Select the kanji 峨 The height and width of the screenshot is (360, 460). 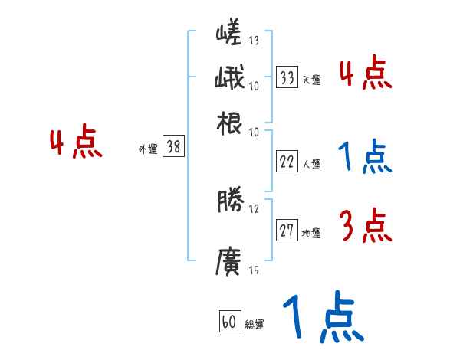tap(229, 78)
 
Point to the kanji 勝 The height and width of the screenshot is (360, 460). tap(229, 201)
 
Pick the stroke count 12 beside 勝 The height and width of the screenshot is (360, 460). tap(254, 208)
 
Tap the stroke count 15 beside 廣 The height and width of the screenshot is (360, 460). tap(254, 270)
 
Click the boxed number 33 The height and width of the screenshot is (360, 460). tap(287, 77)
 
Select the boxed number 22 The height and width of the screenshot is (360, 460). tap(287, 161)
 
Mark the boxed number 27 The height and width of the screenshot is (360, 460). tap(287, 231)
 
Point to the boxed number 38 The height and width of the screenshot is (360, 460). tap(174, 148)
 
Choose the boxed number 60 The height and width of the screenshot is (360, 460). tap(229, 322)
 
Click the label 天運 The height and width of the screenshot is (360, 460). tap(311, 80)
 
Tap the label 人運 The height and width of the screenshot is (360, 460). tap(311, 164)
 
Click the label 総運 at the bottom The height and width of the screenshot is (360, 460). tap(254, 325)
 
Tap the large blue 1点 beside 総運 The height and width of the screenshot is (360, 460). tap(322, 318)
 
